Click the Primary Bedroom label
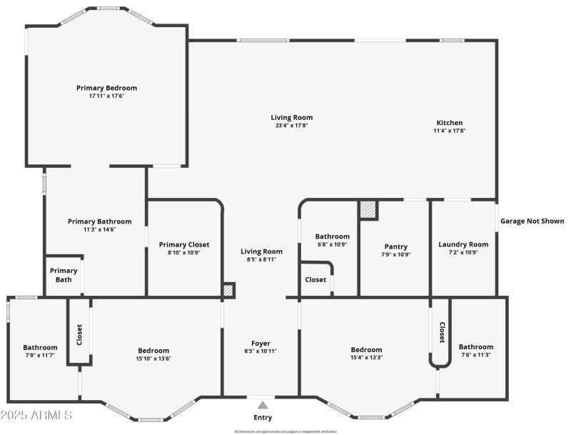pyautogui.click(x=106, y=88)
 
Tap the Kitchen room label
pyautogui.click(x=449, y=122)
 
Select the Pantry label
pyautogui.click(x=395, y=246)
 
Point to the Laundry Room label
pyautogui.click(x=463, y=244)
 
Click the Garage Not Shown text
pyautogui.click(x=532, y=221)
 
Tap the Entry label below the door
pyautogui.click(x=263, y=417)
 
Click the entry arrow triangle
pyautogui.click(x=263, y=404)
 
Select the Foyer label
pyautogui.click(x=261, y=343)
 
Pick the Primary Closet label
pyautogui.click(x=183, y=244)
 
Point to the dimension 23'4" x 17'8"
pyautogui.click(x=291, y=126)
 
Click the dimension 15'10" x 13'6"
pyautogui.click(x=153, y=358)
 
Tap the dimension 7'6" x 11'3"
pyautogui.click(x=475, y=355)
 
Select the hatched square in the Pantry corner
pyautogui.click(x=368, y=210)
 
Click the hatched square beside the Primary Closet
pyautogui.click(x=228, y=291)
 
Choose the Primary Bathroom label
pyautogui.click(x=99, y=221)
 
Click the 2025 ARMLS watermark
pyautogui.click(x=36, y=415)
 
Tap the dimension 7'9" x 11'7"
pyautogui.click(x=40, y=356)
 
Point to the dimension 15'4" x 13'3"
pyautogui.click(x=366, y=358)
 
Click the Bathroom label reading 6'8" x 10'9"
pyautogui.click(x=332, y=236)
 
